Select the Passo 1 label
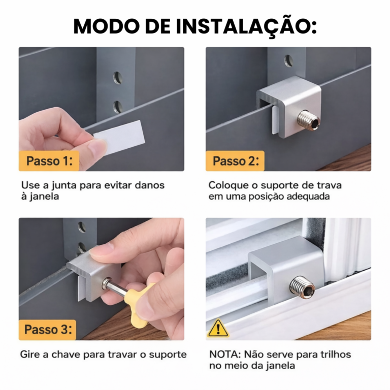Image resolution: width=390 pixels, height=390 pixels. [x=49, y=160]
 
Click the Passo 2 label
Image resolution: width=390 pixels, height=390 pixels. [x=235, y=160]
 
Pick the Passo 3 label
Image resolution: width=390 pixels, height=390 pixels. [x=48, y=330]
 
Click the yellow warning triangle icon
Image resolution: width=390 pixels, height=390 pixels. [x=218, y=329]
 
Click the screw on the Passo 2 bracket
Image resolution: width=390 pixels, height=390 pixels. [x=309, y=121]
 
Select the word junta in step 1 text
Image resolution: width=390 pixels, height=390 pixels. [x=64, y=186]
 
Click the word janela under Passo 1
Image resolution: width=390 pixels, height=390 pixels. [x=44, y=197]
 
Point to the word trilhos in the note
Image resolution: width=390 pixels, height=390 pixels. [x=335, y=354]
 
